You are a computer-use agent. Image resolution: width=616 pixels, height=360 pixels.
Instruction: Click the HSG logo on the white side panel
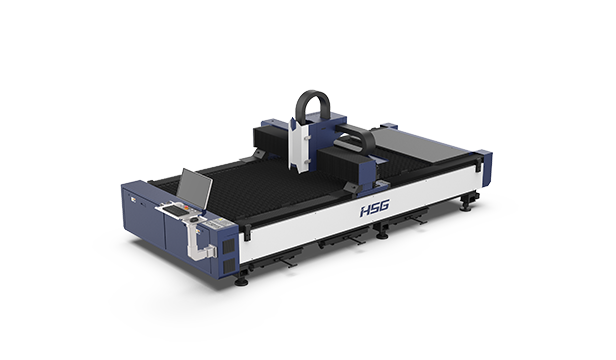375,208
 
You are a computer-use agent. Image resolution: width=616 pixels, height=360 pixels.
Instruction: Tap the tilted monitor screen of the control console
194,189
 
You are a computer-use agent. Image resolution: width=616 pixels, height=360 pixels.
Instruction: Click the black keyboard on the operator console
176,209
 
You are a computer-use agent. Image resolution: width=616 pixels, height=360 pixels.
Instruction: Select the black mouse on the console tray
194,218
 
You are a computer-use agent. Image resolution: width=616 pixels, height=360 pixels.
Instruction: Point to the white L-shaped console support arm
197,241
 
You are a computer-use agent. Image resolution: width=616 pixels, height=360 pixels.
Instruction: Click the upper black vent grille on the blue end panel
229,246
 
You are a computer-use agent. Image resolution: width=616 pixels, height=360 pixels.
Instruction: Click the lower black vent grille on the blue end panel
229,266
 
